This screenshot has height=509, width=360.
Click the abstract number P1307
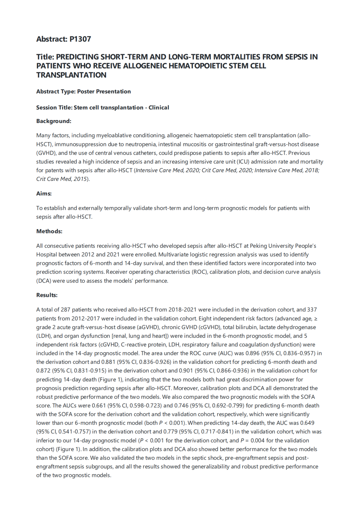pyautogui.click(x=80, y=39)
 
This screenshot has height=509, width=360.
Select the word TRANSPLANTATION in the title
pyautogui.click(x=71, y=75)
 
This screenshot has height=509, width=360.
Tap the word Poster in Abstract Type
pyautogui.click(x=86, y=91)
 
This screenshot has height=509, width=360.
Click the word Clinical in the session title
pyautogui.click(x=159, y=107)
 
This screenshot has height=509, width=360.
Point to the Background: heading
pyautogui.click(x=54, y=121)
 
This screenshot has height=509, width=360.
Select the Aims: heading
pyautogui.click(x=44, y=194)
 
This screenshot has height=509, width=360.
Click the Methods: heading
pyautogui.click(x=49, y=231)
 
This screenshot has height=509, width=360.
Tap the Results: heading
pyautogui.click(x=47, y=295)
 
